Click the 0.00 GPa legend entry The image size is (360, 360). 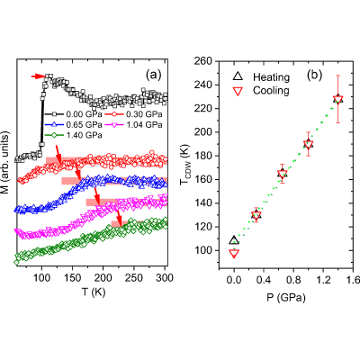pos(74,114)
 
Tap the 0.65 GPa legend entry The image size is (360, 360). pos(74,124)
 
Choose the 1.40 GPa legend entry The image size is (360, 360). pos(74,135)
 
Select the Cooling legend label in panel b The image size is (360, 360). pos(271,90)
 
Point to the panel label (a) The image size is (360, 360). pos(154,75)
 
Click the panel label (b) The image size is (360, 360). pos(314,75)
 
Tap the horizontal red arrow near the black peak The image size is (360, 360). pos(38,76)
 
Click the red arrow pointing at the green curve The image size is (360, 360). pos(119,218)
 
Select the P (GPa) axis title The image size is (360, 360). pos(286,298)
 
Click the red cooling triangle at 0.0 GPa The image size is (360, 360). pos(234,254)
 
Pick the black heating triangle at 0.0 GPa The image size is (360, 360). pos(234,240)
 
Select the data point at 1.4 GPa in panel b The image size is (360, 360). pos(338,99)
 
